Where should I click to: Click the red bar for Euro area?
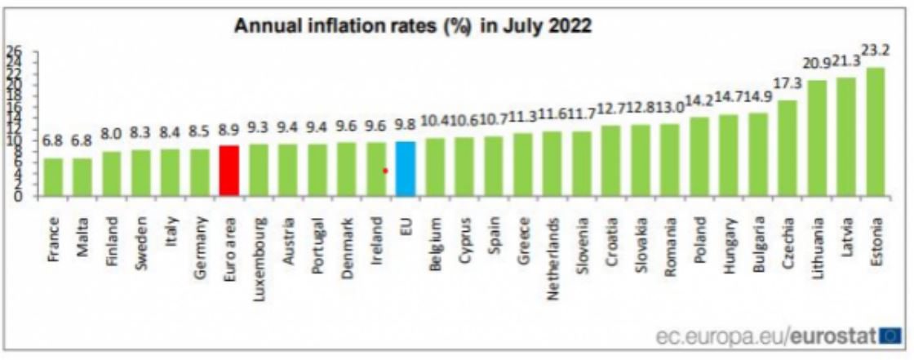tap(229, 171)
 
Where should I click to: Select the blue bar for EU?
tap(406, 168)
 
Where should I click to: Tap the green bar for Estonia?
tap(875, 131)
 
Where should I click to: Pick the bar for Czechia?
tap(787, 148)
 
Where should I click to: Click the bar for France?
tap(53, 176)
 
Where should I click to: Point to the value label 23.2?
tap(875, 51)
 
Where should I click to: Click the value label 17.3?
tap(787, 84)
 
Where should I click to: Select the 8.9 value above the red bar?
tap(229, 129)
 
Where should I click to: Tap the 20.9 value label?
tap(816, 63)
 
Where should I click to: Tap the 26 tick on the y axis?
tap(14, 49)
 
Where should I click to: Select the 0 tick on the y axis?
tap(17, 196)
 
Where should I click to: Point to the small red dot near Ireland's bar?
tap(385, 171)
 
